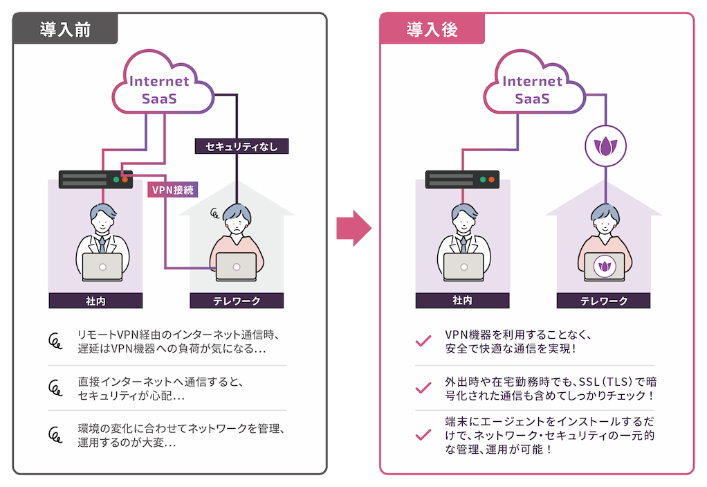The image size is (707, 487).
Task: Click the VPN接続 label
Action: click(172, 189)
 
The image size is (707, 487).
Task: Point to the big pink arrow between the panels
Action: click(353, 228)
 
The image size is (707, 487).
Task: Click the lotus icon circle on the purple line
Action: click(605, 147)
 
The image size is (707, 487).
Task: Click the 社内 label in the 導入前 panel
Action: click(95, 301)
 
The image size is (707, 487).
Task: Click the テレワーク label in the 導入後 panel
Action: click(603, 301)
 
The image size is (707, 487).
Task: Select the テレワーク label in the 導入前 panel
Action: click(237, 301)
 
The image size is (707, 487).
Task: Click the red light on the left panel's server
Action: click(125, 180)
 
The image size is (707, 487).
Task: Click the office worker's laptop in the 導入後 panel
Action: click(463, 267)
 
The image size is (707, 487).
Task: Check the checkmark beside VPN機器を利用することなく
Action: click(422, 342)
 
